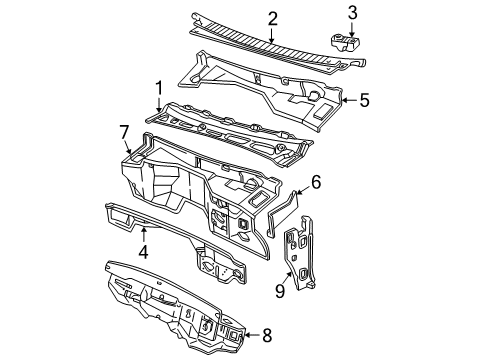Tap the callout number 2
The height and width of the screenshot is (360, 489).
point(271,17)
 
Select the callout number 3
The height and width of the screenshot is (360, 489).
point(351,12)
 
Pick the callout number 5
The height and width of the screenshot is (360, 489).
point(364,100)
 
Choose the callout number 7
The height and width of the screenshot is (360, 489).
point(124,131)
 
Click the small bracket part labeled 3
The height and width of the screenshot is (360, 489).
point(342,43)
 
